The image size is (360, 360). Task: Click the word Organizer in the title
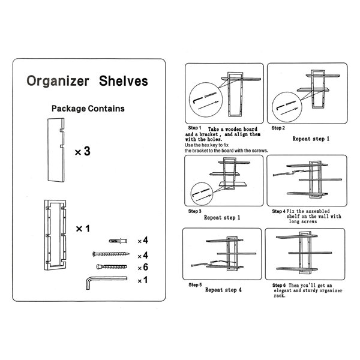pyautogui.click(x=58, y=82)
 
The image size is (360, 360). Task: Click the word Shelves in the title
pyautogui.click(x=124, y=81)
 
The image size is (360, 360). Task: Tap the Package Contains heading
pyautogui.click(x=88, y=109)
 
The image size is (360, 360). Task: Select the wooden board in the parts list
pyautogui.click(x=56, y=150)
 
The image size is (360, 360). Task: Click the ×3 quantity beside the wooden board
pyautogui.click(x=83, y=151)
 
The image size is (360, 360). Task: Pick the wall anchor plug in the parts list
pyautogui.click(x=118, y=241)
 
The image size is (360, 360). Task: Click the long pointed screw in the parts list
pyautogui.click(x=111, y=254)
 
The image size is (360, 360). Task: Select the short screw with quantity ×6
pyautogui.click(x=112, y=267)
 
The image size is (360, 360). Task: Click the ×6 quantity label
pyautogui.click(x=143, y=267)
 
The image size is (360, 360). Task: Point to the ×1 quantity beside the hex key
pyautogui.click(x=143, y=280)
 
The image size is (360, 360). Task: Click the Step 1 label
pyautogui.click(x=194, y=128)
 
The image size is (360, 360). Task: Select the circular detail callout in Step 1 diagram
pyautogui.click(x=206, y=100)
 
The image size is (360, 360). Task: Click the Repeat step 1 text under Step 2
pyautogui.click(x=311, y=139)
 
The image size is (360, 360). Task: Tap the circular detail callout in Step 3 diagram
pyautogui.click(x=202, y=194)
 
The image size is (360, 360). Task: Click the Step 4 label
pyautogui.click(x=279, y=211)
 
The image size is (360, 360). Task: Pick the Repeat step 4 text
pyautogui.click(x=223, y=290)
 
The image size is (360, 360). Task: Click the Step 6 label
pyautogui.click(x=279, y=286)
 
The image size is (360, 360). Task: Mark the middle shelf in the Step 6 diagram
pyautogui.click(x=310, y=253)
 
